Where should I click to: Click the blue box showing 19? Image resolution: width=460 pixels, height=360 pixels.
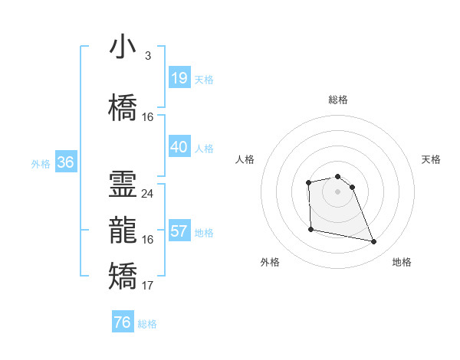click(x=179, y=77)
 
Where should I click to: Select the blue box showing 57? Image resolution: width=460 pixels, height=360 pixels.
click(x=179, y=231)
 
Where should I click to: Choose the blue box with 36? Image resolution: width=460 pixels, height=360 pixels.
click(x=65, y=162)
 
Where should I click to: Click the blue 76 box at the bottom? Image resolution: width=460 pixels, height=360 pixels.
click(x=122, y=322)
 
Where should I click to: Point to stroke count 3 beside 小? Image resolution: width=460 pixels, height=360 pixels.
click(x=147, y=56)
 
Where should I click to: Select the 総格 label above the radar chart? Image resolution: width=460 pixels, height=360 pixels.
click(x=338, y=100)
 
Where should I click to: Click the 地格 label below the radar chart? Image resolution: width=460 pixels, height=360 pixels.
click(x=402, y=263)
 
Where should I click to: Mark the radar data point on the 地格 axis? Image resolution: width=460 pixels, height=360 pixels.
click(x=374, y=242)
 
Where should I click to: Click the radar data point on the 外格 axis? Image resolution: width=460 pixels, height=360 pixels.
click(x=310, y=229)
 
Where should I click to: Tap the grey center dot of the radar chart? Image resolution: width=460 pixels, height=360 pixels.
click(x=338, y=191)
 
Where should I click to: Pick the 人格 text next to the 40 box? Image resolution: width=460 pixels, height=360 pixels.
click(x=204, y=148)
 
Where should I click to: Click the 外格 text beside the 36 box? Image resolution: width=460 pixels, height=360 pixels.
click(x=41, y=164)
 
